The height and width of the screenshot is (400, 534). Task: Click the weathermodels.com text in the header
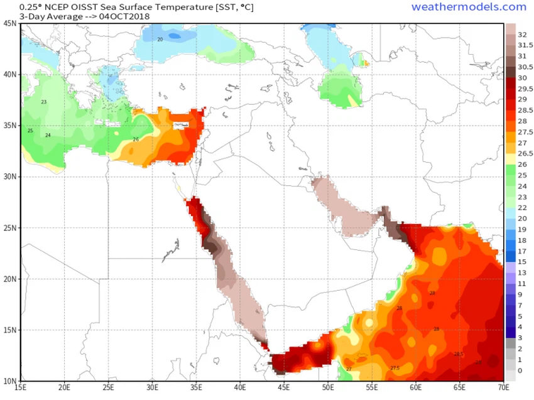469,7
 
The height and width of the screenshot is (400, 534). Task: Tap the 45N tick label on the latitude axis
10,23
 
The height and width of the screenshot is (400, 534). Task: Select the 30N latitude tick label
10,177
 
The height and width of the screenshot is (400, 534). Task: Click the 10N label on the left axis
10,381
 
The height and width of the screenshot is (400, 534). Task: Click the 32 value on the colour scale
522,35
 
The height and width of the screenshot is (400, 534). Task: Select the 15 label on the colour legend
522,261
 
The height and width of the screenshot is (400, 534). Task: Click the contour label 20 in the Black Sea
160,40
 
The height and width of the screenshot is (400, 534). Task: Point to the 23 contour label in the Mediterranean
44,102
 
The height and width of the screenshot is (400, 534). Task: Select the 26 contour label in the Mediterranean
136,139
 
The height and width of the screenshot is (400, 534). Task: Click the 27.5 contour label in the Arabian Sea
395,368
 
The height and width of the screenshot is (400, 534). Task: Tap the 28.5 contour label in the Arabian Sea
459,355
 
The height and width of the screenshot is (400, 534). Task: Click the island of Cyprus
183,126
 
